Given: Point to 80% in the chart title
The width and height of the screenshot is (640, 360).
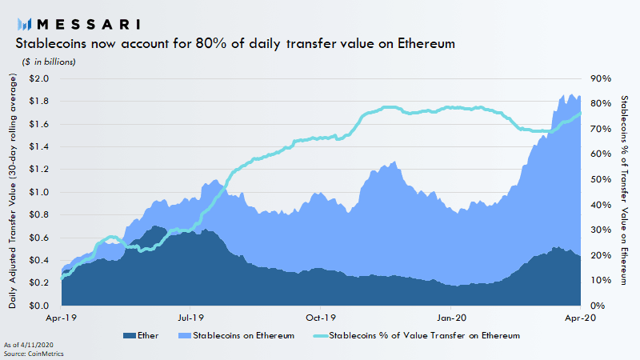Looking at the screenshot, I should pyautogui.click(x=206, y=44).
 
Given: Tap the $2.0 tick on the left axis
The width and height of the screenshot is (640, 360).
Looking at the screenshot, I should pyautogui.click(x=38, y=78).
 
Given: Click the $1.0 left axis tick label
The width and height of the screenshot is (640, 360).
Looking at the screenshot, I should pyautogui.click(x=38, y=192).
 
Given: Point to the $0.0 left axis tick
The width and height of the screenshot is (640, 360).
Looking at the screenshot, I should pyautogui.click(x=38, y=306).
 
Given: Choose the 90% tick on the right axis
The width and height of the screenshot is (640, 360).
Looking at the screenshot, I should pyautogui.click(x=601, y=78).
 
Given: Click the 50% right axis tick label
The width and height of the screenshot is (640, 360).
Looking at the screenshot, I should pyautogui.click(x=601, y=179).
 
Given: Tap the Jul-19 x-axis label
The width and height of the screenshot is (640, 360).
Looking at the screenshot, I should pyautogui.click(x=190, y=318).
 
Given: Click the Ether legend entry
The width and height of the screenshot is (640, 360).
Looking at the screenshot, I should pyautogui.click(x=142, y=335).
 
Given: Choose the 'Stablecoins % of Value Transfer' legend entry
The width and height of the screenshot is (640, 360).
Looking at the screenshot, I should pyautogui.click(x=415, y=335).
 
